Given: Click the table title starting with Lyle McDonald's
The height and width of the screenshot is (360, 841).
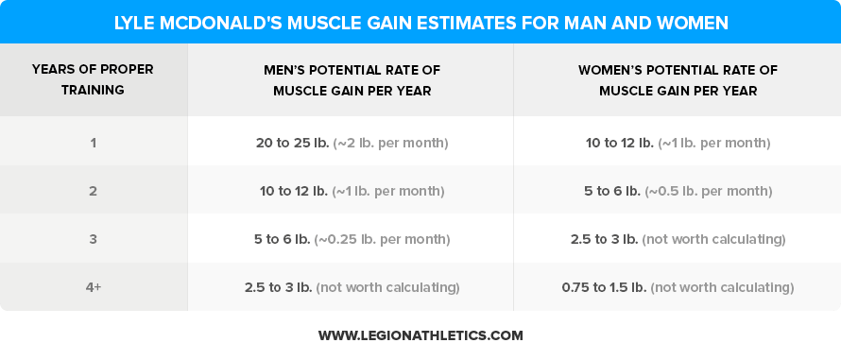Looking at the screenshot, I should click(x=420, y=21).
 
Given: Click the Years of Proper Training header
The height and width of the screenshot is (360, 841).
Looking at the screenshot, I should click(x=93, y=80).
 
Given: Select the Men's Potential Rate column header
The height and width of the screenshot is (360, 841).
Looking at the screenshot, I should click(x=352, y=80).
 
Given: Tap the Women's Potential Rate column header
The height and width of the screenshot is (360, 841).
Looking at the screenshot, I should click(x=678, y=80).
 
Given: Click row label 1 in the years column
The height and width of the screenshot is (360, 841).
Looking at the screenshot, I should click(x=93, y=143).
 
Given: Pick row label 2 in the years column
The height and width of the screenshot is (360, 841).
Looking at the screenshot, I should click(x=93, y=191).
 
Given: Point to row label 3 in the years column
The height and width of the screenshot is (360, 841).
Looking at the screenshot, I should click(x=93, y=239).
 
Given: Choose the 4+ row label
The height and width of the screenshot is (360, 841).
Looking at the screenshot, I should click(x=93, y=287).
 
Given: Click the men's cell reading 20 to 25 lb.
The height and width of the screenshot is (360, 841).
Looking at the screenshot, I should click(x=292, y=143).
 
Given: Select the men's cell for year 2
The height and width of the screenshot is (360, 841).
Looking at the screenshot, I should click(x=352, y=191).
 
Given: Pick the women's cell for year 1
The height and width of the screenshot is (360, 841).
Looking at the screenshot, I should click(x=678, y=143).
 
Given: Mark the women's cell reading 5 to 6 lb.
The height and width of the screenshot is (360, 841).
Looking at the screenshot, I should click(x=611, y=191).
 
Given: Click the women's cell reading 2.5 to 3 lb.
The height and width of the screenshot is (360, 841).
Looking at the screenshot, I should click(x=604, y=239).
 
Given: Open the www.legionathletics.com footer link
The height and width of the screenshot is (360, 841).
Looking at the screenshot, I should click(x=420, y=335).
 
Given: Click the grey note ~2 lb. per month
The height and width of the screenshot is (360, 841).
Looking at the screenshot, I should click(x=390, y=143).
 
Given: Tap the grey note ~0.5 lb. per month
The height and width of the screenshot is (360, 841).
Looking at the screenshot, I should click(x=708, y=191).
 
